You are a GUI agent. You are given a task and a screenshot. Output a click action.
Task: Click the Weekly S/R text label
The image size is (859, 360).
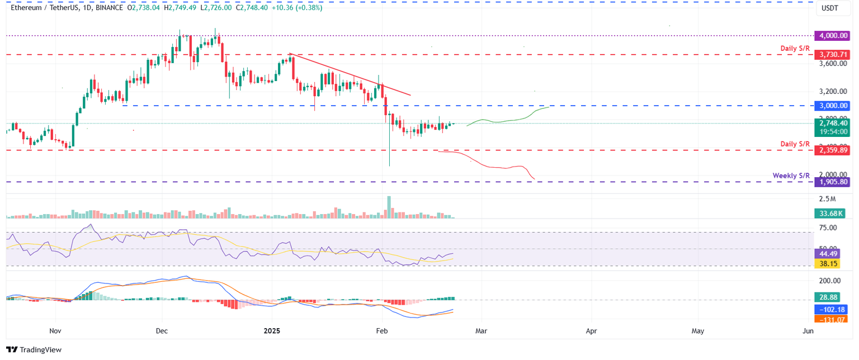791,176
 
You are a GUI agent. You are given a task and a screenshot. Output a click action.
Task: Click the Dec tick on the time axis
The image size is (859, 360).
162,331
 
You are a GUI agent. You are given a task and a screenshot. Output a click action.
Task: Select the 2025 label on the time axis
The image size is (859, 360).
272,331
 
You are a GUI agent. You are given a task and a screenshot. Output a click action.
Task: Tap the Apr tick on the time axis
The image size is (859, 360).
592,331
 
